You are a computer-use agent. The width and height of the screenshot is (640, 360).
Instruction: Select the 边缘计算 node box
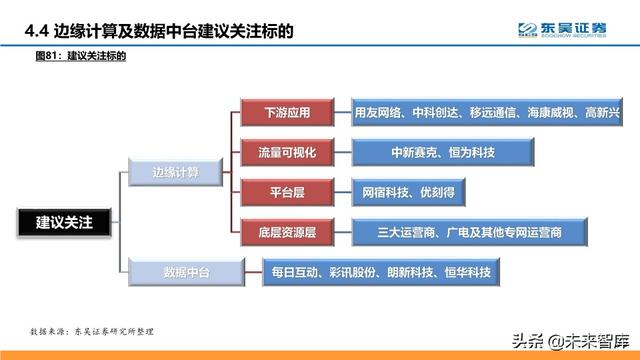coord(175,173)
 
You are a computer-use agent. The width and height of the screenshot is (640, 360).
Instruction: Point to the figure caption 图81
coord(46,58)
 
